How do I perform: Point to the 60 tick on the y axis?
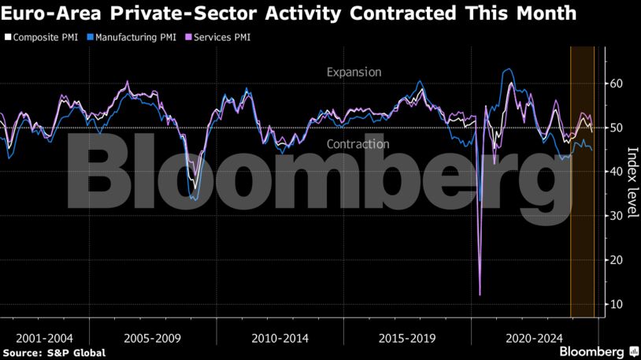click(617, 84)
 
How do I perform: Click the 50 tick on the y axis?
click(617, 128)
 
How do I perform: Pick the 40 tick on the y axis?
click(617, 172)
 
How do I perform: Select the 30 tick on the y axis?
click(617, 216)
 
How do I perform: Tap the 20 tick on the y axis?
click(617, 260)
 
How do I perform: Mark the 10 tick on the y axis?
click(617, 304)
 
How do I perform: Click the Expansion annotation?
click(354, 72)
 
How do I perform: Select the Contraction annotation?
click(358, 144)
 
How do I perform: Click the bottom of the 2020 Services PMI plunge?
click(480, 295)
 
